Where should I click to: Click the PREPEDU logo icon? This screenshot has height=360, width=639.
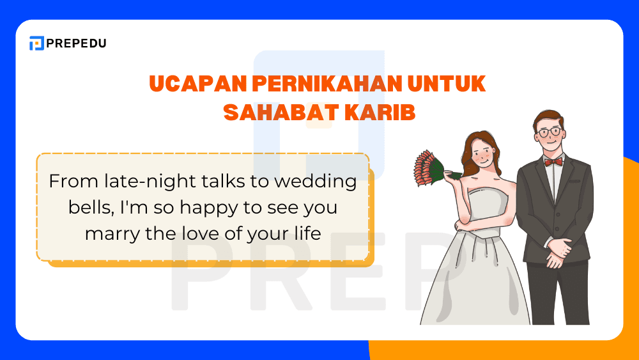36,43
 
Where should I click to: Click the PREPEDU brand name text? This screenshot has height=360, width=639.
76,43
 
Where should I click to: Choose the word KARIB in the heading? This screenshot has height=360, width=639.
381,112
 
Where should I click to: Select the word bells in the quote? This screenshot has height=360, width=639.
87,208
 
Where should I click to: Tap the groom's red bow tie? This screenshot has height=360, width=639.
553,162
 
